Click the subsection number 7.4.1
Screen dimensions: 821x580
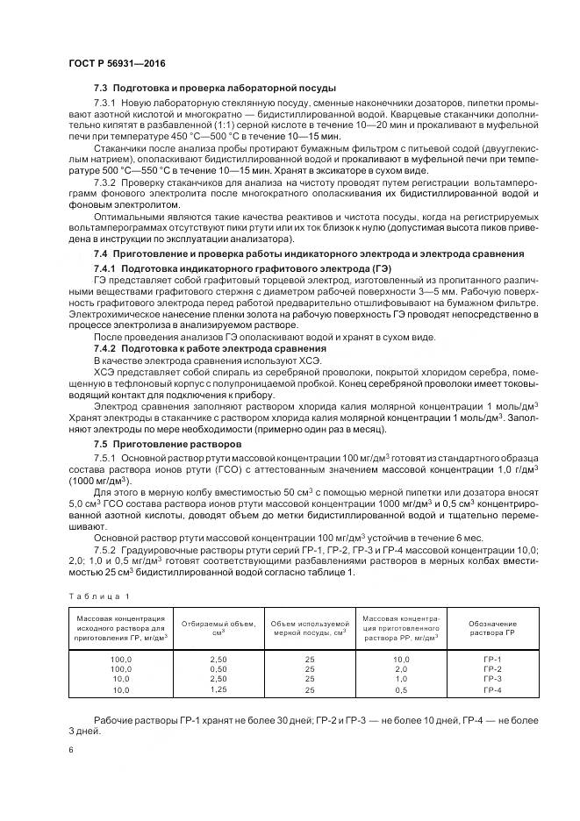tap(105, 268)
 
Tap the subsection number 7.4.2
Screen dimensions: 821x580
tap(105, 348)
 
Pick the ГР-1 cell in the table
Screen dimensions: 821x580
tap(491, 659)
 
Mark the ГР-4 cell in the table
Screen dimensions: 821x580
tap(491, 690)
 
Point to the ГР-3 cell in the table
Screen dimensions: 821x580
tap(491, 679)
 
